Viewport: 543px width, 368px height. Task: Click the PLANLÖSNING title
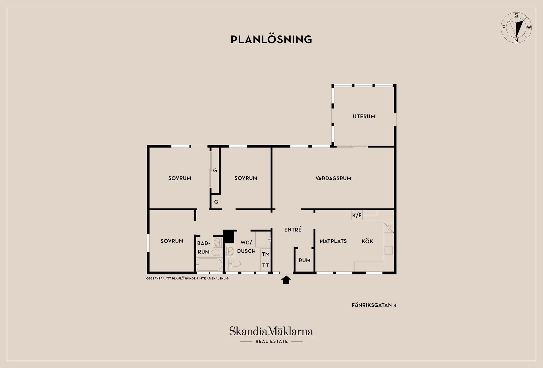pyautogui.click(x=271, y=39)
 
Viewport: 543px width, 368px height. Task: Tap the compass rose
pyautogui.click(x=516, y=28)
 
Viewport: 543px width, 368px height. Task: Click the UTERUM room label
pyautogui.click(x=364, y=116)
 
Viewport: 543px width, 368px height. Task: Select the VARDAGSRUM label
pyautogui.click(x=333, y=178)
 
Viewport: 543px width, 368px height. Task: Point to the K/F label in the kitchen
pyautogui.click(x=357, y=215)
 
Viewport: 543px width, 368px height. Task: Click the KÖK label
pyautogui.click(x=367, y=241)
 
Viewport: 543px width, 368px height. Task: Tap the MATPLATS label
pyautogui.click(x=333, y=241)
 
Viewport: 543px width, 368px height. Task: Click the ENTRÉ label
pyautogui.click(x=293, y=230)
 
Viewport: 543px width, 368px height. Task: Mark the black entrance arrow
pyautogui.click(x=286, y=280)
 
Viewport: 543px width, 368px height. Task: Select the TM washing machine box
pyautogui.click(x=265, y=254)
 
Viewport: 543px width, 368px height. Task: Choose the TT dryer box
pyautogui.click(x=265, y=265)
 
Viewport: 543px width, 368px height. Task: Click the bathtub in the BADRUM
pyautogui.click(x=209, y=265)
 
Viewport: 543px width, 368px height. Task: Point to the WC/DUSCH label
pyautogui.click(x=246, y=247)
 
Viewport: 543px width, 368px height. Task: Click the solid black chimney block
pyautogui.click(x=229, y=236)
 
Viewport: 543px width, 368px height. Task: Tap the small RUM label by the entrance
pyautogui.click(x=305, y=260)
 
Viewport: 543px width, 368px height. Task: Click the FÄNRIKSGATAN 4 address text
pyautogui.click(x=374, y=305)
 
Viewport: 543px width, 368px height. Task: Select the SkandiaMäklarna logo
pyautogui.click(x=271, y=331)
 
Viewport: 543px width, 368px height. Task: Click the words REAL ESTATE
pyautogui.click(x=271, y=341)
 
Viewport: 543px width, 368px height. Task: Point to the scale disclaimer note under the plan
pyautogui.click(x=187, y=278)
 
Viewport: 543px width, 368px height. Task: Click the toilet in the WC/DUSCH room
pyautogui.click(x=234, y=264)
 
